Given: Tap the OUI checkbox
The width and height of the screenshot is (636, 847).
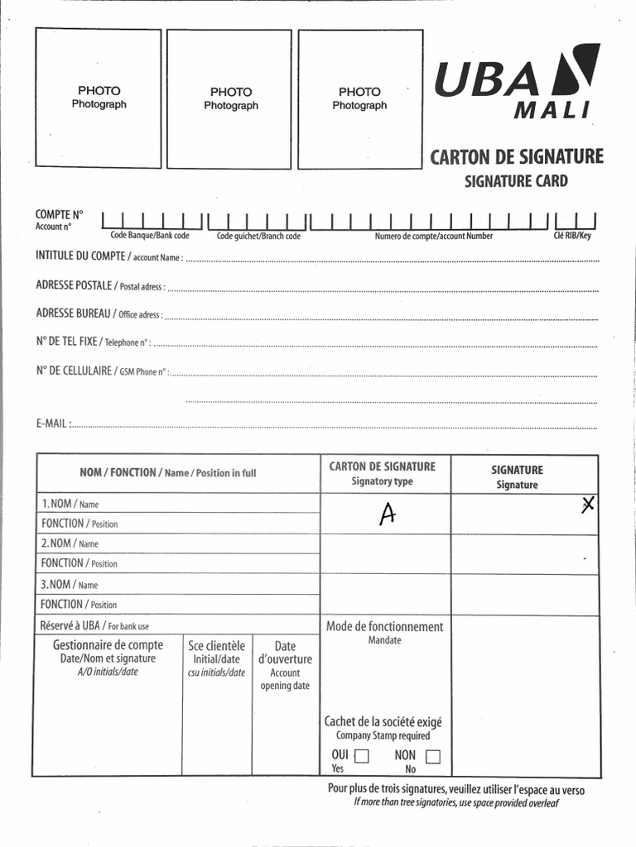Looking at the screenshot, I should [361, 755].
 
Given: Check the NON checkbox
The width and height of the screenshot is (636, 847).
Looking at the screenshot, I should [432, 755].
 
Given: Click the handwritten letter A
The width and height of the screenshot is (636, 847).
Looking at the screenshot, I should [386, 514].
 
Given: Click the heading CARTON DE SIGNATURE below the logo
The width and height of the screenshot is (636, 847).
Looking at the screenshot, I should [516, 156].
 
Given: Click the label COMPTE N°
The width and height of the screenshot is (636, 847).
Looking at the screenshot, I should [60, 213].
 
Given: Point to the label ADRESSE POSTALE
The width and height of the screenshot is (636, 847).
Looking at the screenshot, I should [74, 285].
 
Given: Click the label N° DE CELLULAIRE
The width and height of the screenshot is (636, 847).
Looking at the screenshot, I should [74, 371].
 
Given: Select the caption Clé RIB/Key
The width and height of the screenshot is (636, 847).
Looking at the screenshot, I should [572, 237].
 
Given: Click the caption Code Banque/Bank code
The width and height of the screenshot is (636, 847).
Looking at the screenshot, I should [150, 237].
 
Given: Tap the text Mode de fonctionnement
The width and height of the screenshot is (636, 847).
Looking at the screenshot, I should [384, 626].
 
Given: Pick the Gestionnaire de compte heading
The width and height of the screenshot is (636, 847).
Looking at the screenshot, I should [108, 645].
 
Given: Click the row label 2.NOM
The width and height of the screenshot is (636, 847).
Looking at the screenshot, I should [57, 543].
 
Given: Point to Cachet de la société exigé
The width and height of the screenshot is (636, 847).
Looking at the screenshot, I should [383, 721].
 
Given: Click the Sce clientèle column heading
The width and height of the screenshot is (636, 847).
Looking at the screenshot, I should [217, 646].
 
